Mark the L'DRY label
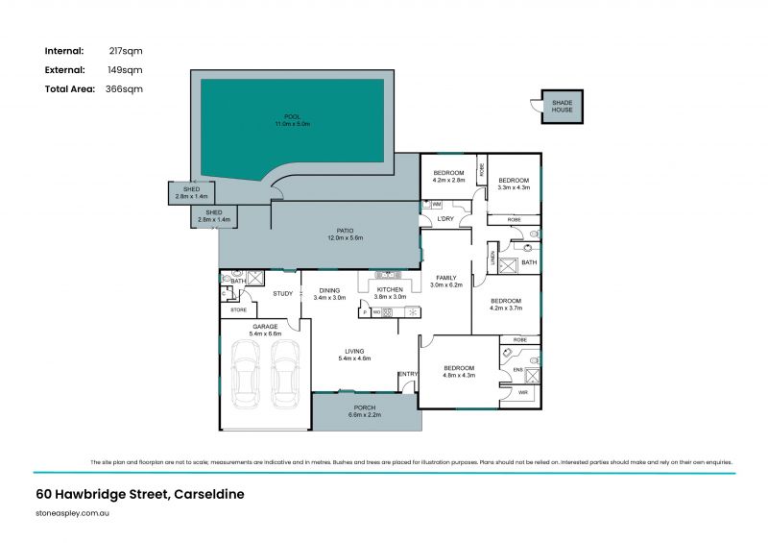tap(445, 220)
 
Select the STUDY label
tap(282, 294)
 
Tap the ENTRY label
tap(408, 374)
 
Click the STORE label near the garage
tap(237, 310)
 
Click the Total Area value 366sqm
tap(124, 88)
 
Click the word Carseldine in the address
tap(208, 494)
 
